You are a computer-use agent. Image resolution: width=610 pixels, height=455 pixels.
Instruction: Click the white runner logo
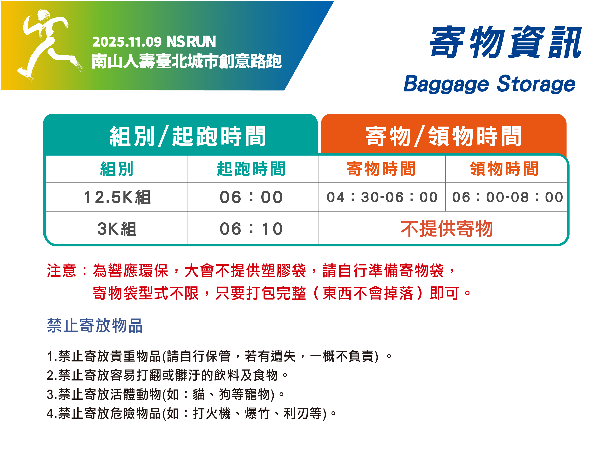point(48,45)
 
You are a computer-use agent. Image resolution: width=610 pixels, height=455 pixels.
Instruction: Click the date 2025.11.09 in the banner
point(127,42)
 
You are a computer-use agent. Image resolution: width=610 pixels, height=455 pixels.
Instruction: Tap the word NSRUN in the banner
point(191,42)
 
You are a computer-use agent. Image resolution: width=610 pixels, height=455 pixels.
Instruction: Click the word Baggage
point(446,84)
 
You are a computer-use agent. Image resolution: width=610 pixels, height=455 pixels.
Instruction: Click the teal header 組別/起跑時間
point(188,136)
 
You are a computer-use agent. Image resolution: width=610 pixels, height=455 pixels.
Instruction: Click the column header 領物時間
point(504,169)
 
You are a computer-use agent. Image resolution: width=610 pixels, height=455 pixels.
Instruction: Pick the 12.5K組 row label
point(117,197)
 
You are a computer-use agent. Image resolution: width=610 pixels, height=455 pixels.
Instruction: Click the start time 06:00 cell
point(251,197)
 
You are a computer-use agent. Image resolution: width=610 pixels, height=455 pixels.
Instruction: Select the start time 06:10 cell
point(251,229)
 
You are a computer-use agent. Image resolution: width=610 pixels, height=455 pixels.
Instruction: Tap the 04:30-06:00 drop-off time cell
point(382,197)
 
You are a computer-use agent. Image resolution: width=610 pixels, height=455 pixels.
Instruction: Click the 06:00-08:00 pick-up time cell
point(507,197)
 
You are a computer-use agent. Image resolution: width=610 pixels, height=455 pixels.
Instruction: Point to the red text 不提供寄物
point(447,229)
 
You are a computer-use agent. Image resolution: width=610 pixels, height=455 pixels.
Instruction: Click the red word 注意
point(61,271)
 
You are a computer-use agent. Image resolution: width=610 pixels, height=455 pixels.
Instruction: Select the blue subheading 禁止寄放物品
point(95,325)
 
